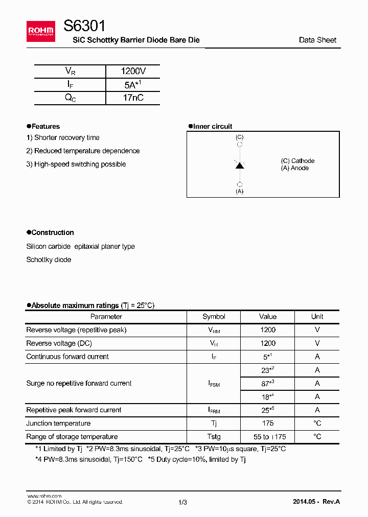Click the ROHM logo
coord(41,32)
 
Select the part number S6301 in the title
coord(85,27)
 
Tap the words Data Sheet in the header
coord(317,40)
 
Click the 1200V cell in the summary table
coord(133,72)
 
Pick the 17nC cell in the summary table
coord(133,98)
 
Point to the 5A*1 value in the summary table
coord(133,85)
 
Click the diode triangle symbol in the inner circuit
coord(239,165)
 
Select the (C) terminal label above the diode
coord(239,137)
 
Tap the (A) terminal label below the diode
coord(239,192)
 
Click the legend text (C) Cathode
coord(297,161)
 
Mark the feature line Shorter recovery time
coord(63,137)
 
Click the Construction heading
coord(52,232)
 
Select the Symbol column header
coord(214,317)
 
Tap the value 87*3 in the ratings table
coord(268,383)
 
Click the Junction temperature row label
coord(58,423)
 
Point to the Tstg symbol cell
coord(214,437)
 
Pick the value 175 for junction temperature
coord(268,423)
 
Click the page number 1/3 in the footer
coord(182,502)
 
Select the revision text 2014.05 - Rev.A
coord(316,502)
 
